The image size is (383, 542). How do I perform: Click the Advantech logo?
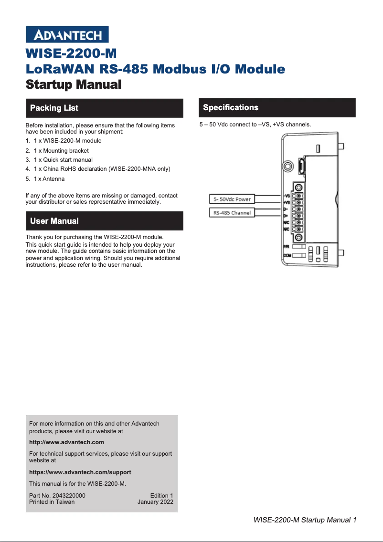coord(67,35)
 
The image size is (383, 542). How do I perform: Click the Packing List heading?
coord(54,108)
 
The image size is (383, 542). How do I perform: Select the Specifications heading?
coord(231,107)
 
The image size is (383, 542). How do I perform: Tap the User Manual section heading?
coord(54,221)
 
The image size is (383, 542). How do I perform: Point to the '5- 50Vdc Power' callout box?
coord(232,199)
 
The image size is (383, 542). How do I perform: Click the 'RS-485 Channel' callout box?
coord(232,213)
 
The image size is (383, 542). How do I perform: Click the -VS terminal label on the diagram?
coord(287,196)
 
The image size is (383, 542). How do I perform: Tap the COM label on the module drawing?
coord(287,256)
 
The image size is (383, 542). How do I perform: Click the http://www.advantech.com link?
coord(66,442)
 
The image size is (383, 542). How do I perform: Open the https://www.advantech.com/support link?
coord(80,472)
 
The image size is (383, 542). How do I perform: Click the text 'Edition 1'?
coord(161,496)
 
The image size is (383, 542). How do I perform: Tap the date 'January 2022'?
coord(155,502)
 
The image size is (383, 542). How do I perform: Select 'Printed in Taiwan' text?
coord(52,502)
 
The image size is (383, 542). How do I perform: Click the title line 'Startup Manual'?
coord(74,85)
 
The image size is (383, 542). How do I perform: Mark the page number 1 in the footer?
coord(355,520)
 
